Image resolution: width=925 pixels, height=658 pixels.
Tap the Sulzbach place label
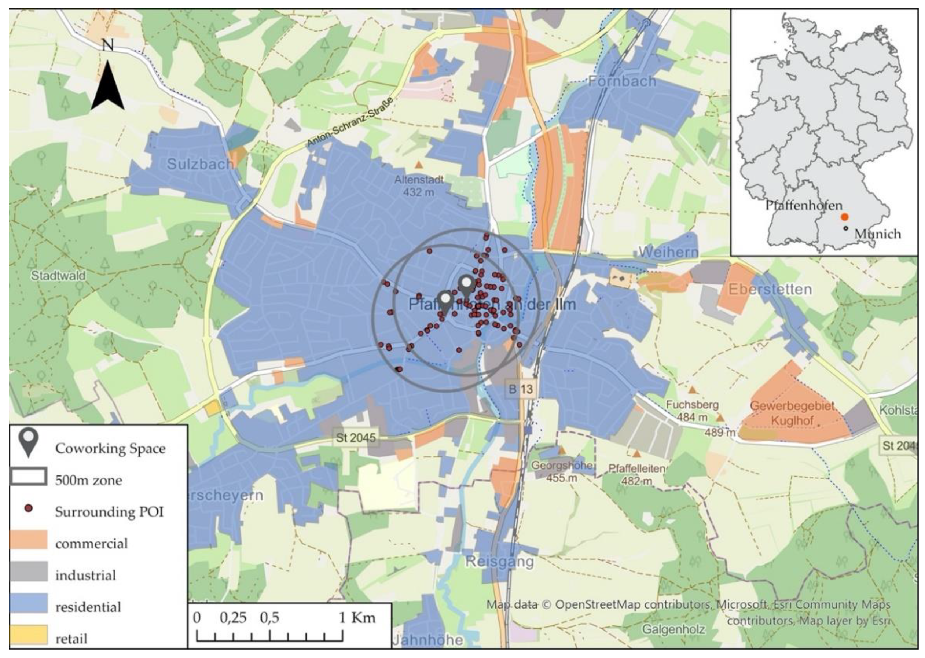coord(200,164)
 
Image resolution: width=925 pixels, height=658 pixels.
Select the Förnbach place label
coord(621,81)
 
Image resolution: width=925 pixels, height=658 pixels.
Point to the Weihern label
coord(668,252)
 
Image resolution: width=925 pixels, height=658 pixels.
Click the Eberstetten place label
coord(770,289)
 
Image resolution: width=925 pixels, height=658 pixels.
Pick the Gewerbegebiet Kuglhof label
coord(792,413)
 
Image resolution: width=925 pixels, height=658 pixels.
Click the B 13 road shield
coord(521,389)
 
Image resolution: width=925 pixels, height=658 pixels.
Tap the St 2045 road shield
coord(356,438)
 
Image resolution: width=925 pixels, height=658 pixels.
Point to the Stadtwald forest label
coord(58,276)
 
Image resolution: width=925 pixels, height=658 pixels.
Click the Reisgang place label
coord(499,562)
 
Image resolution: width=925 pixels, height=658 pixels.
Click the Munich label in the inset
coord(878,234)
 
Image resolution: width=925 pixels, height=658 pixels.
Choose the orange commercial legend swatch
coord(28,540)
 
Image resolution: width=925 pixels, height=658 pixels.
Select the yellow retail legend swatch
coord(28,635)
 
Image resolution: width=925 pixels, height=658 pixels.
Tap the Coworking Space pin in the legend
coord(28,443)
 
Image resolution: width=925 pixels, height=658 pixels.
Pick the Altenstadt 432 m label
coord(419,185)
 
